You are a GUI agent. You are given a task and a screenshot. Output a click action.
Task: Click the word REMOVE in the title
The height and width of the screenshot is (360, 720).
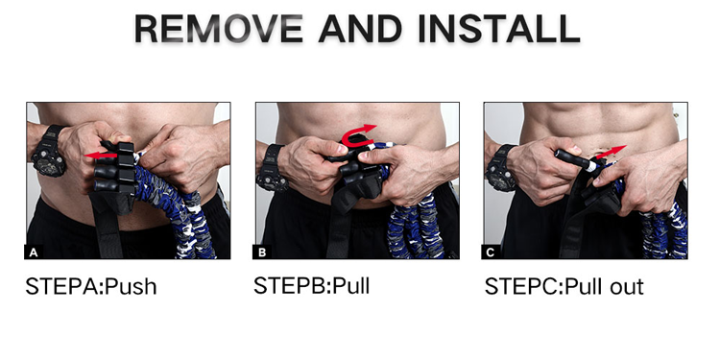(219, 29)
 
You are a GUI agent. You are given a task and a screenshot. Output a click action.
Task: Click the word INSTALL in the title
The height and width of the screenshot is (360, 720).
(499, 29)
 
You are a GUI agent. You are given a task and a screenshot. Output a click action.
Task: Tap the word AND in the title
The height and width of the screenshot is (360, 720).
(360, 29)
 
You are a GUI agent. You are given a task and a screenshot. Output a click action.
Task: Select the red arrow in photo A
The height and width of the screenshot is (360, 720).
(101, 156)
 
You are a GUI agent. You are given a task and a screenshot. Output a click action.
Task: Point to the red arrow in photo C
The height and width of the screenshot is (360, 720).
(611, 152)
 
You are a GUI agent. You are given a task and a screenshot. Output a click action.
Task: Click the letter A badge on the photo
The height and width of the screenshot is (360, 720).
(34, 252)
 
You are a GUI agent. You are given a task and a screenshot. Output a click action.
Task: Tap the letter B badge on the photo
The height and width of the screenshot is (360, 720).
(262, 252)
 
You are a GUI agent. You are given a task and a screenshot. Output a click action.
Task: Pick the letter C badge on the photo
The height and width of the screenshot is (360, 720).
(491, 252)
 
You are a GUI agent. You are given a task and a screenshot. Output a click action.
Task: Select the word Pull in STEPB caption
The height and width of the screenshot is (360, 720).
(350, 286)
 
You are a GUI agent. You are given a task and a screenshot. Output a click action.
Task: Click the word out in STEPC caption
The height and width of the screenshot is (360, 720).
(627, 287)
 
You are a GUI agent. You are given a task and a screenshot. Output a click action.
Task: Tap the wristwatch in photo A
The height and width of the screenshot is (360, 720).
(48, 151)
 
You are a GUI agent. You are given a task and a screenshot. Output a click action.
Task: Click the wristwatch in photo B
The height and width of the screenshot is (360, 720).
(273, 167)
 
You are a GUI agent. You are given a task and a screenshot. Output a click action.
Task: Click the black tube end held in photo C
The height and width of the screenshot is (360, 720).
(572, 158)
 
